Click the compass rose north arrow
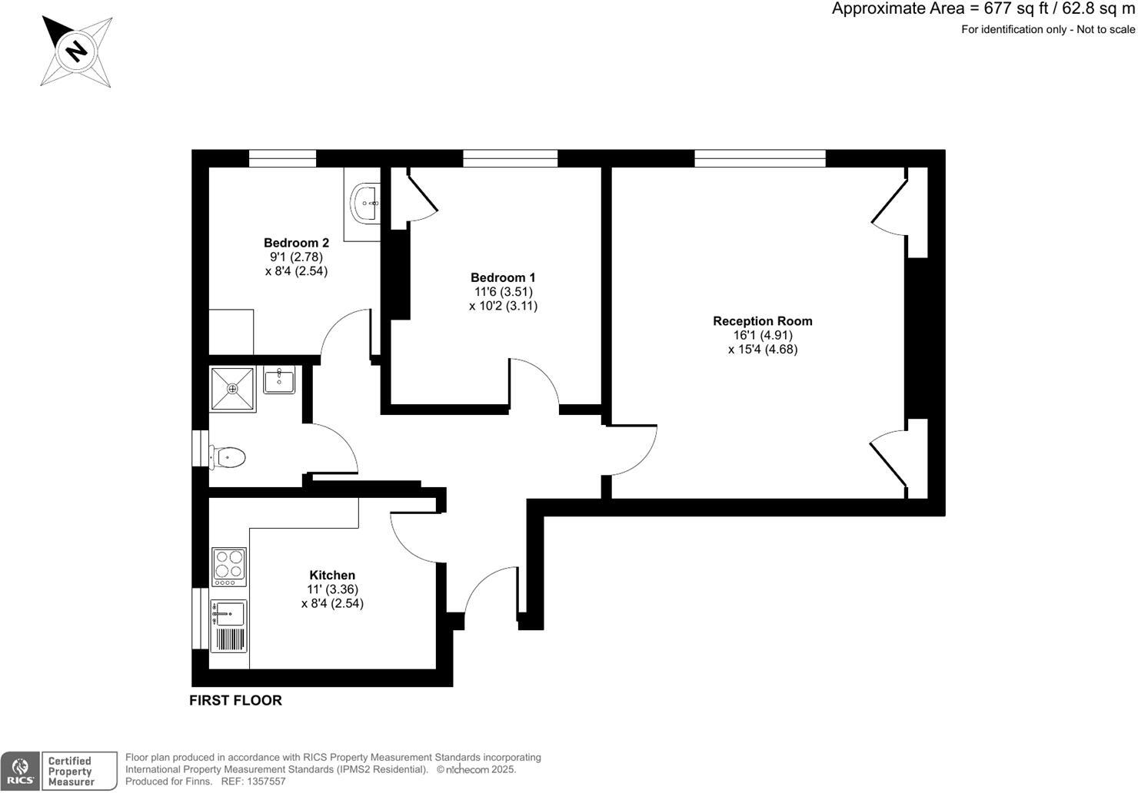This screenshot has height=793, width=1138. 76,51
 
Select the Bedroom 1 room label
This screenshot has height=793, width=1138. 503,277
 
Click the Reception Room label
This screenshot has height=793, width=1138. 762,321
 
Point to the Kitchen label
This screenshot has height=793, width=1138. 332,575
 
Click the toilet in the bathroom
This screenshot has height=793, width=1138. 228,458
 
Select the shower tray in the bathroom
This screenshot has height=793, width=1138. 232,389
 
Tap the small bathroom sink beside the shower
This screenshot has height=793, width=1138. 279,380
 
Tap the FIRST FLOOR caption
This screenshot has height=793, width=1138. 235,700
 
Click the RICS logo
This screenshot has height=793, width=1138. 20,771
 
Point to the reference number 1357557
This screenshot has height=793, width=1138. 264,781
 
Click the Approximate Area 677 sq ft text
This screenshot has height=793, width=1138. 983,9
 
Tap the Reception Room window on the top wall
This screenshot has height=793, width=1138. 760,158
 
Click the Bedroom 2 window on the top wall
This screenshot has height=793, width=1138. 282,158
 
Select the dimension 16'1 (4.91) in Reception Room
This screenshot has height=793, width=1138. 763,335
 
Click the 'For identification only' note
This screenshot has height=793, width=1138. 1047,30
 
